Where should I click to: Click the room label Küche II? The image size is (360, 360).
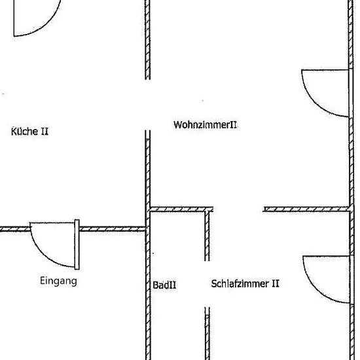point(30,131)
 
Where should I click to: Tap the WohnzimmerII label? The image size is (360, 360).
point(205,124)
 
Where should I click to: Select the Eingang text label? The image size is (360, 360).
point(58,281)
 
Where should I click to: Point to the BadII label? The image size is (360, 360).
point(164,285)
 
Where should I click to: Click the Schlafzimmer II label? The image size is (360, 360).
point(245,283)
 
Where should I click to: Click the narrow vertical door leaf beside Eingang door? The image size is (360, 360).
point(77,245)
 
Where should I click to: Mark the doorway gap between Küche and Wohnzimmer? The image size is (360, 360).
point(148,105)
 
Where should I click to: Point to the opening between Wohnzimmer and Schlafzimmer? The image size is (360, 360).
point(238,209)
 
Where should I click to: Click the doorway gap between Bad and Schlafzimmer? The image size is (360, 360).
point(207,284)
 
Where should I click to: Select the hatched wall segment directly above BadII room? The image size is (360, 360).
point(181,209)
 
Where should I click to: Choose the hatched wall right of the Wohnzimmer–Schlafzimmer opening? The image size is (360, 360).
point(306,209)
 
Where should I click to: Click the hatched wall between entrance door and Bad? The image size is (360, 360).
point(113,229)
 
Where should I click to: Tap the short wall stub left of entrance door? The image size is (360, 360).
point(15,229)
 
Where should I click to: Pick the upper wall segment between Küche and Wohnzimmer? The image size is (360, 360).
point(148,40)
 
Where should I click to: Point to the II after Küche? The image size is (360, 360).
point(45,132)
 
